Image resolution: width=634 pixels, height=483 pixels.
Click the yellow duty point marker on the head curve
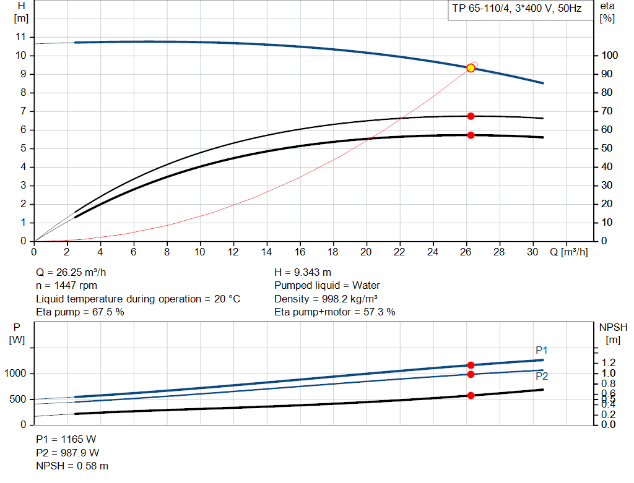pos(471,68)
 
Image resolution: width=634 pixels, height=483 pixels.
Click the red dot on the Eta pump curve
pos(471,116)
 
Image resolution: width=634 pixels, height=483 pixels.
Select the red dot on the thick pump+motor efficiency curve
pos(471,135)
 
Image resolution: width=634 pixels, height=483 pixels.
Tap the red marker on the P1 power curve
pos(471,365)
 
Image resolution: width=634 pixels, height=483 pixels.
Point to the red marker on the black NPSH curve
pos(471,395)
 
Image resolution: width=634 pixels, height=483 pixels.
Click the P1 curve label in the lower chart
pos(542,351)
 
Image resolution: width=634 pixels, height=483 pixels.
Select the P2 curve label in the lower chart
pos(542,376)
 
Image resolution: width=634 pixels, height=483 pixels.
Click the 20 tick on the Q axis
pos(367,252)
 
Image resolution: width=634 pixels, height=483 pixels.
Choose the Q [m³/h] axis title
pos(568,252)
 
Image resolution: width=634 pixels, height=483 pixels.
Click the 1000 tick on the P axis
pos(17,374)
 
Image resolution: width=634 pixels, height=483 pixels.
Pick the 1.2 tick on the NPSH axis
pos(607,362)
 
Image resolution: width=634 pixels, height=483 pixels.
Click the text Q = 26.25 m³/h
pos(75,272)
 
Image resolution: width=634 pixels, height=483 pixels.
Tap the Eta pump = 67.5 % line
pos(80,312)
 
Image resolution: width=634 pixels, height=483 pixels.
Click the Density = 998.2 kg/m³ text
pos(326,299)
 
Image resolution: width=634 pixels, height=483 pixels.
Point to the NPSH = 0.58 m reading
pos(72,466)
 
